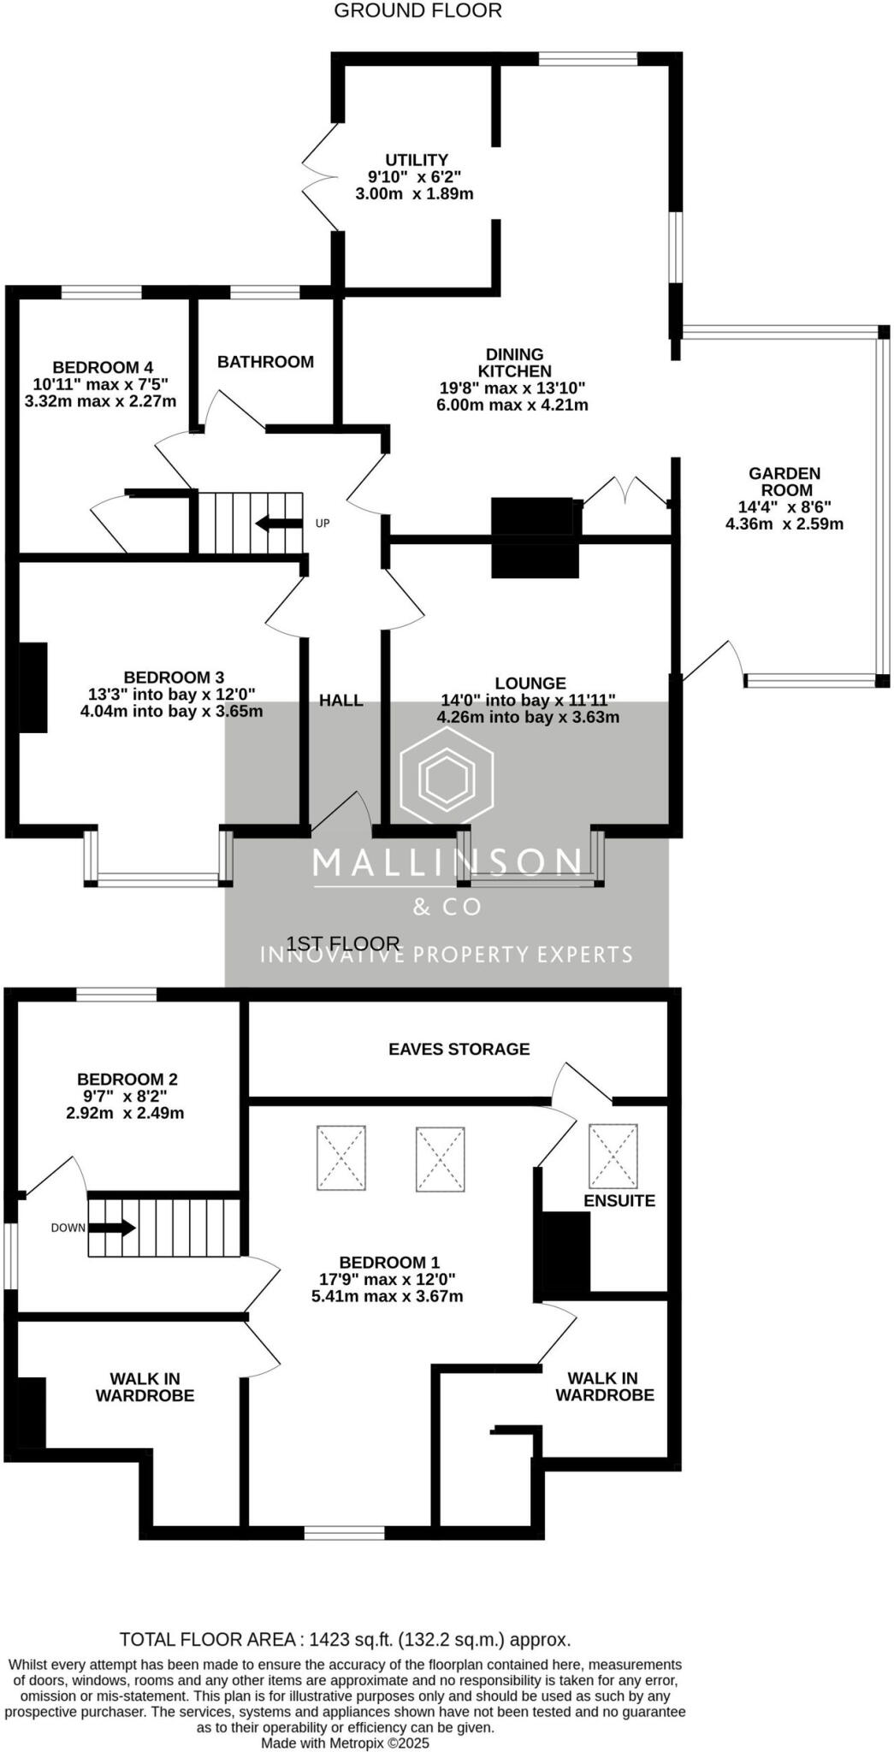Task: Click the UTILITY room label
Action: [416, 160]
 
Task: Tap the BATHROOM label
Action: [265, 362]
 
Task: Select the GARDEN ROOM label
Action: [784, 482]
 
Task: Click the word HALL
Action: [341, 701]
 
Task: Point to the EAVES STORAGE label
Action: [459, 1049]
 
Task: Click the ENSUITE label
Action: [619, 1200]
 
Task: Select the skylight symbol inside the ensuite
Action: [613, 1151]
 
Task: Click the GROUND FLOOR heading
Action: [417, 11]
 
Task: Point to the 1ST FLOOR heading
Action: [343, 944]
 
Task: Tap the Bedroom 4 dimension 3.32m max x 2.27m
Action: [101, 401]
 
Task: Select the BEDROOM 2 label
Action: [127, 1080]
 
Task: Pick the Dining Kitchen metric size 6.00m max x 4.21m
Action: [512, 405]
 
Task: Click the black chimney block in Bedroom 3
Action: [33, 687]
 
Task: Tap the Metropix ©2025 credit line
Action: [345, 1743]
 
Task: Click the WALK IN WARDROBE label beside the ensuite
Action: [605, 1387]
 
